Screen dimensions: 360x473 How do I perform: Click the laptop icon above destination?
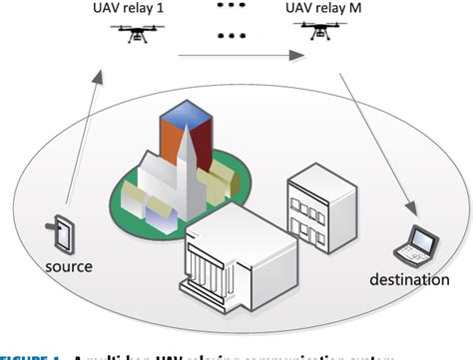point(422,241)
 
